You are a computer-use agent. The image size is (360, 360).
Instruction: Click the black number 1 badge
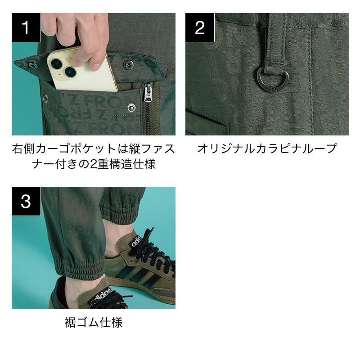pyautogui.click(x=26, y=27)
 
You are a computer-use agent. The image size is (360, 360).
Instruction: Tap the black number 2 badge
pyautogui.click(x=200, y=27)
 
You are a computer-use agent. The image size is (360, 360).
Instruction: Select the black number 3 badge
pyautogui.click(x=26, y=201)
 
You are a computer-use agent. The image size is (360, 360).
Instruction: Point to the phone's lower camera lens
pyautogui.click(x=70, y=72)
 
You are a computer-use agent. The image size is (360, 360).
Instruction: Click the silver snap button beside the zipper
pyautogui.click(x=131, y=107)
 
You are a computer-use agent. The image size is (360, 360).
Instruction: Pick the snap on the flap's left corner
pyautogui.click(x=33, y=65)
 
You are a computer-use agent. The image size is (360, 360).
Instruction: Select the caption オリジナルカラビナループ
pyautogui.click(x=267, y=148)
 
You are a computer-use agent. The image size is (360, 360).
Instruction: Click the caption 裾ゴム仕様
pyautogui.click(x=94, y=322)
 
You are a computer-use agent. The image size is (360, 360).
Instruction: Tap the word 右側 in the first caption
pyautogui.click(x=23, y=148)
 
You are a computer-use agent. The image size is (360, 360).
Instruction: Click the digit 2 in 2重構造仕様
pyautogui.click(x=93, y=164)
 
